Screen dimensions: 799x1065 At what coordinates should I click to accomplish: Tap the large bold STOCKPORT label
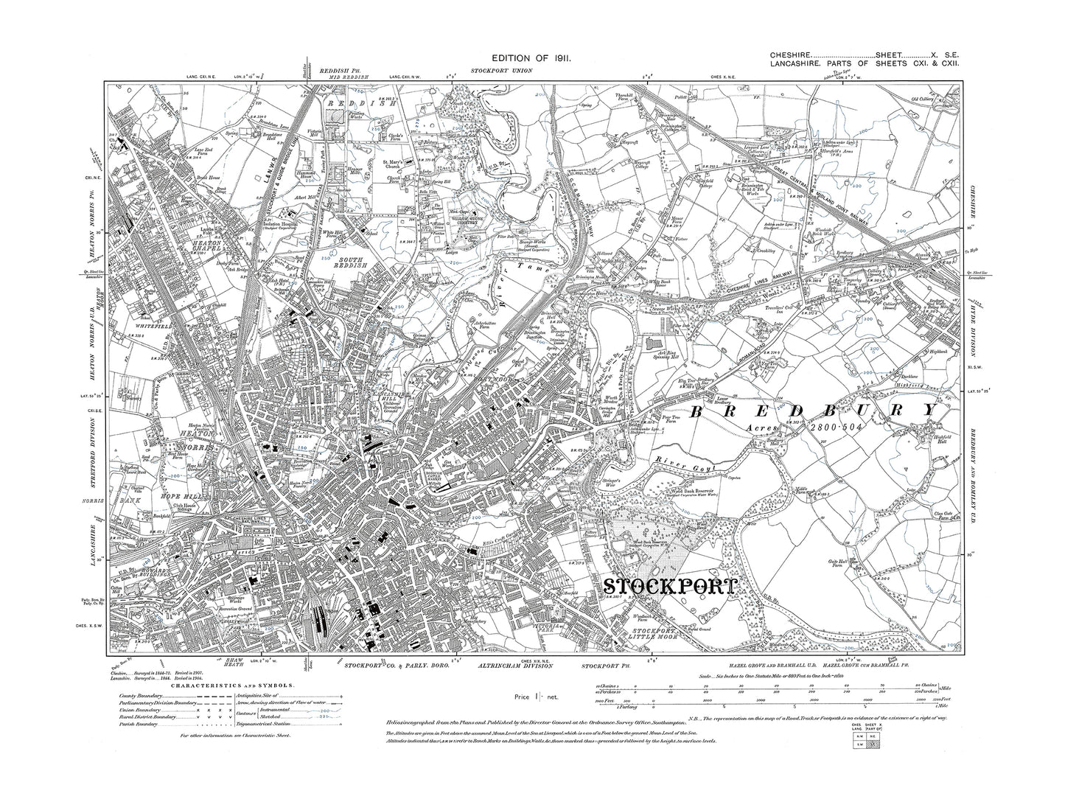click(670, 586)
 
